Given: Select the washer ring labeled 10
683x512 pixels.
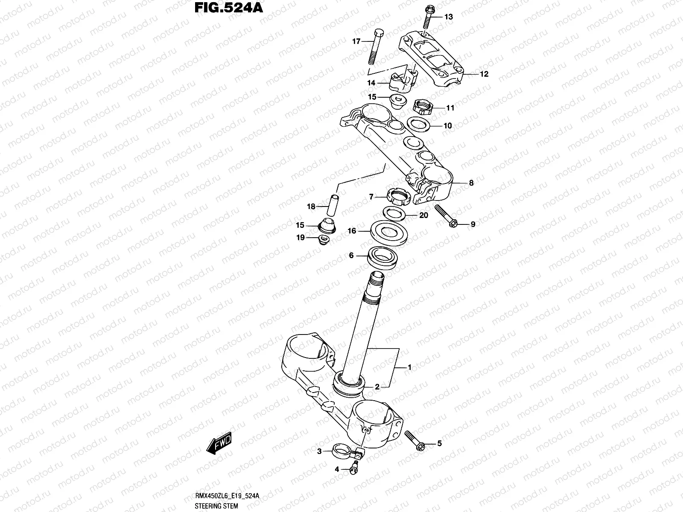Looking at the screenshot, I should (x=418, y=125).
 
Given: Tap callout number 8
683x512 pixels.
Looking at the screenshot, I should (x=471, y=183).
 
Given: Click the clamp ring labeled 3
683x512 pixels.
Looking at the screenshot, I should (x=345, y=449).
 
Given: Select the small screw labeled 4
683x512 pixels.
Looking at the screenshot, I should (x=353, y=468).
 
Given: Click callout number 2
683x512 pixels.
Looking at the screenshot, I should (x=377, y=387).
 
